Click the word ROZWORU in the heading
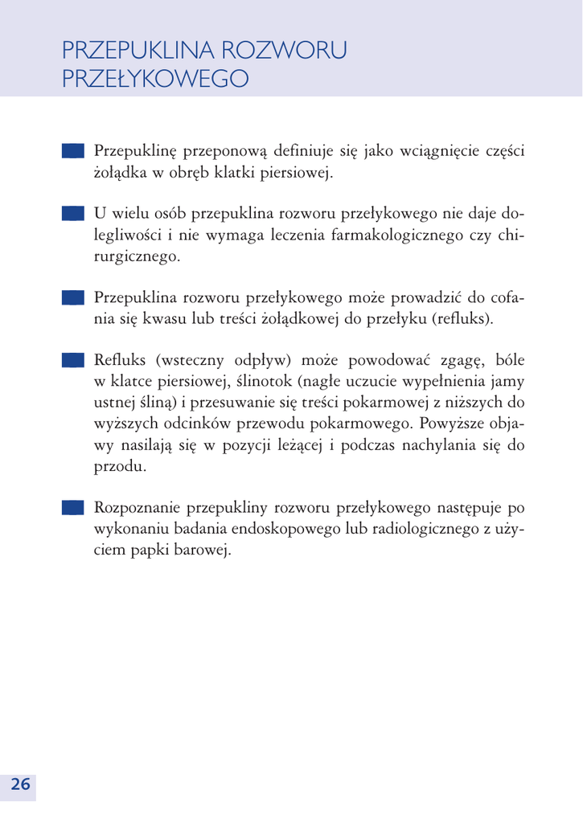pyautogui.click(x=284, y=51)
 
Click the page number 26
pyautogui.click(x=20, y=785)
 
